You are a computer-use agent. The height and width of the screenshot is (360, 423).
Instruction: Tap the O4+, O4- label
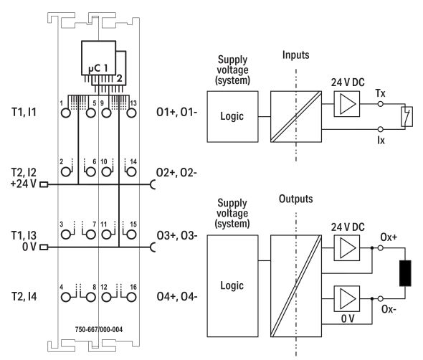click(x=173, y=295)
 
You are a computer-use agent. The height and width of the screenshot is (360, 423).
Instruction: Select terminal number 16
click(x=133, y=286)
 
